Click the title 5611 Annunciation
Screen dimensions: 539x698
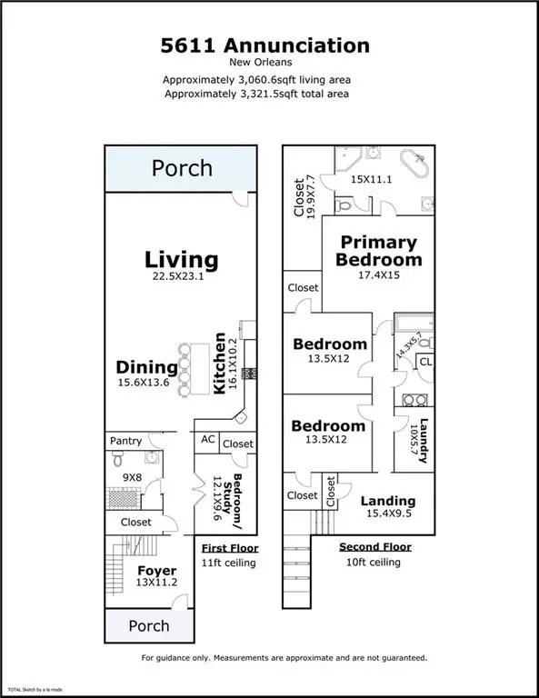pyautogui.click(x=265, y=45)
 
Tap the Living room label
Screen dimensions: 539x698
pyautogui.click(x=181, y=260)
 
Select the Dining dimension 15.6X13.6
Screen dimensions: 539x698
pyautogui.click(x=144, y=382)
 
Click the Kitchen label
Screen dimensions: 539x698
pyautogui.click(x=219, y=364)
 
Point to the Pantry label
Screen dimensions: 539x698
pyautogui.click(x=126, y=441)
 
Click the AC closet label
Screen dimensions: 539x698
pyautogui.click(x=208, y=439)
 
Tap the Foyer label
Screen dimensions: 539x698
pyautogui.click(x=156, y=571)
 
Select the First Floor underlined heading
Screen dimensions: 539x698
pyautogui.click(x=230, y=548)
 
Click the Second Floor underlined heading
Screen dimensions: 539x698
pyautogui.click(x=375, y=546)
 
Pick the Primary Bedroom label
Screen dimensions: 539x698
pyautogui.click(x=379, y=251)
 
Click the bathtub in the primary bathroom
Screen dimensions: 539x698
pyautogui.click(x=414, y=164)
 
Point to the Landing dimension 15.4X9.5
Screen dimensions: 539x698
pyautogui.click(x=389, y=514)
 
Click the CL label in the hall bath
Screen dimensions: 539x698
pyautogui.click(x=426, y=362)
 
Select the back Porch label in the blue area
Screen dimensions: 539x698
pyautogui.click(x=182, y=168)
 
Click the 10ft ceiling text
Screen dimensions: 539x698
pyautogui.click(x=374, y=562)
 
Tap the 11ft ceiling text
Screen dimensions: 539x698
pyautogui.click(x=228, y=563)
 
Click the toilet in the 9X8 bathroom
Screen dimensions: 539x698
pyautogui.click(x=117, y=458)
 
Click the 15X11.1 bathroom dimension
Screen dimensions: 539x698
pyautogui.click(x=371, y=179)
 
